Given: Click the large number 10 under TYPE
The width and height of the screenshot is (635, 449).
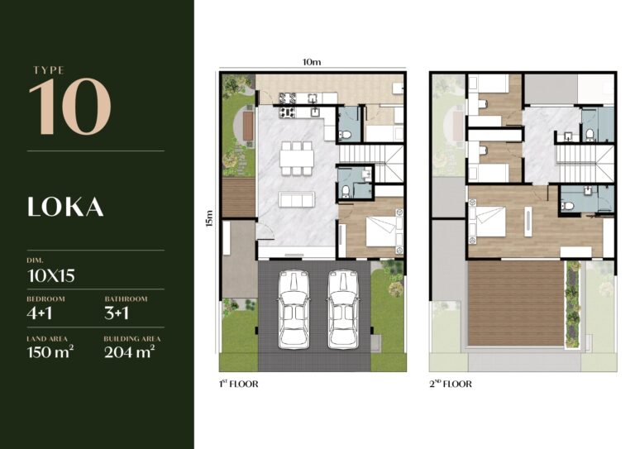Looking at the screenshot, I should pos(69,107).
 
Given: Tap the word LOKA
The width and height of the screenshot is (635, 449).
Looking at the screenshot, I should pos(66,207).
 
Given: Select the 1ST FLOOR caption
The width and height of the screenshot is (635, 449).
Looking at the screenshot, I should pos(241,384).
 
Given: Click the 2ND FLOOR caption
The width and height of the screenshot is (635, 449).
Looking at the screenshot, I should pos(450,384).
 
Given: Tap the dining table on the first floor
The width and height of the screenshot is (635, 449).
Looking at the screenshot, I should pos(296,159).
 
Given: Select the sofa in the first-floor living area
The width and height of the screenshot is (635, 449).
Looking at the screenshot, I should pos(296,200).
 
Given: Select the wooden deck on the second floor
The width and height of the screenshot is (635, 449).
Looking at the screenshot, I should pos(516,303).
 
